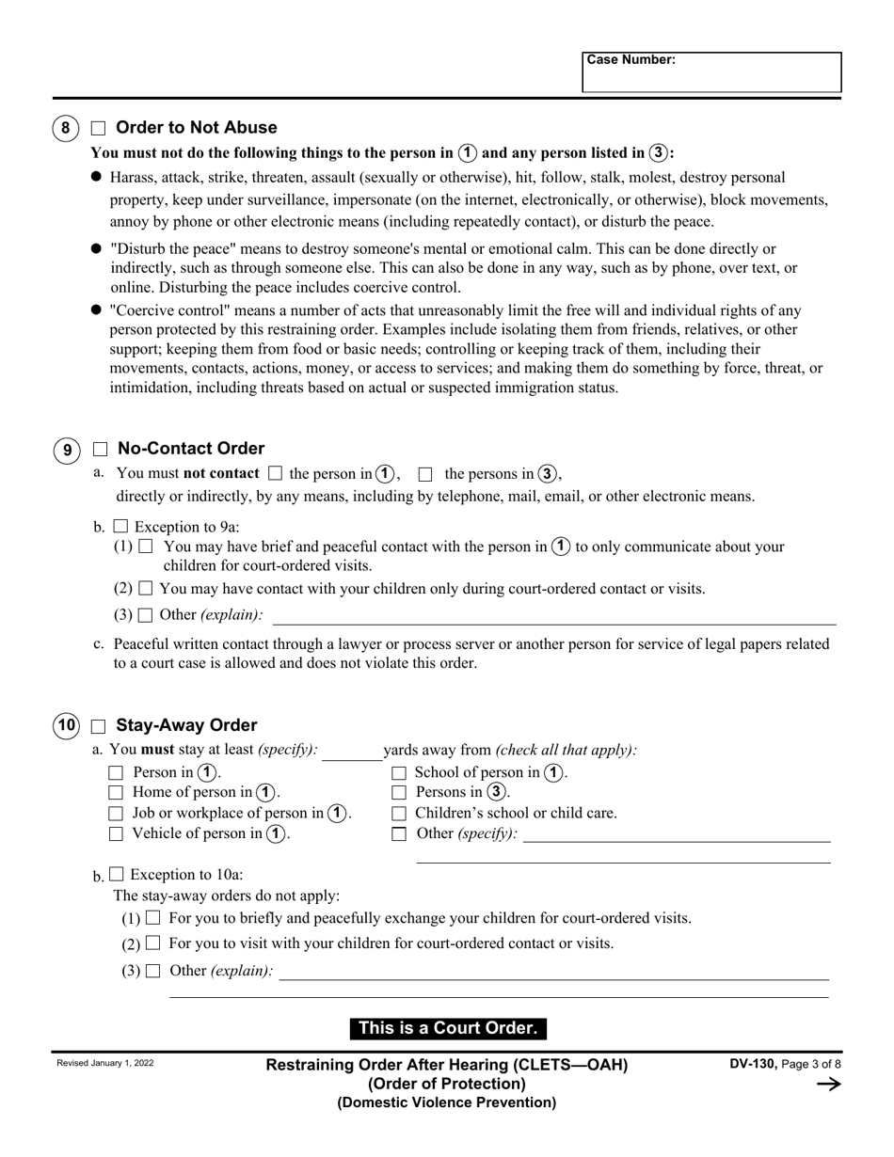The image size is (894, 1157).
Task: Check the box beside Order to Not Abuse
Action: (99, 129)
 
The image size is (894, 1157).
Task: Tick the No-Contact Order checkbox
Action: (100, 450)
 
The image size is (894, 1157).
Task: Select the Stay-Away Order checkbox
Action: (99, 726)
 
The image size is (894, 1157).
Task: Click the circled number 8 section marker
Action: (65, 128)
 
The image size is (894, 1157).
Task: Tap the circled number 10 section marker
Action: (66, 725)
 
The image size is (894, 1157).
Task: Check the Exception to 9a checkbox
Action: (120, 527)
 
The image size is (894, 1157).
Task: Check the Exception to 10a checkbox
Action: (117, 874)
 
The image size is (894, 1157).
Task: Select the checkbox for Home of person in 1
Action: (116, 793)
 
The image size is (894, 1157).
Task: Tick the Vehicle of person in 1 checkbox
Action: (116, 833)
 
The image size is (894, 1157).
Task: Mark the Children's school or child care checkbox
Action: (399, 814)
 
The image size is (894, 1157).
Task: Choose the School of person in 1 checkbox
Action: (399, 773)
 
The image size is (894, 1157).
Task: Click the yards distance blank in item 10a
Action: (352, 751)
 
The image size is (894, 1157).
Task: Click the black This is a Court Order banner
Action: (448, 1028)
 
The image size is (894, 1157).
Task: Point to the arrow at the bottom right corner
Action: (828, 1085)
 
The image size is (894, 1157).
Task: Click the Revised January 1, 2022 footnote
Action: (105, 1063)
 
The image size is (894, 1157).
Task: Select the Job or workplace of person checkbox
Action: (116, 814)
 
